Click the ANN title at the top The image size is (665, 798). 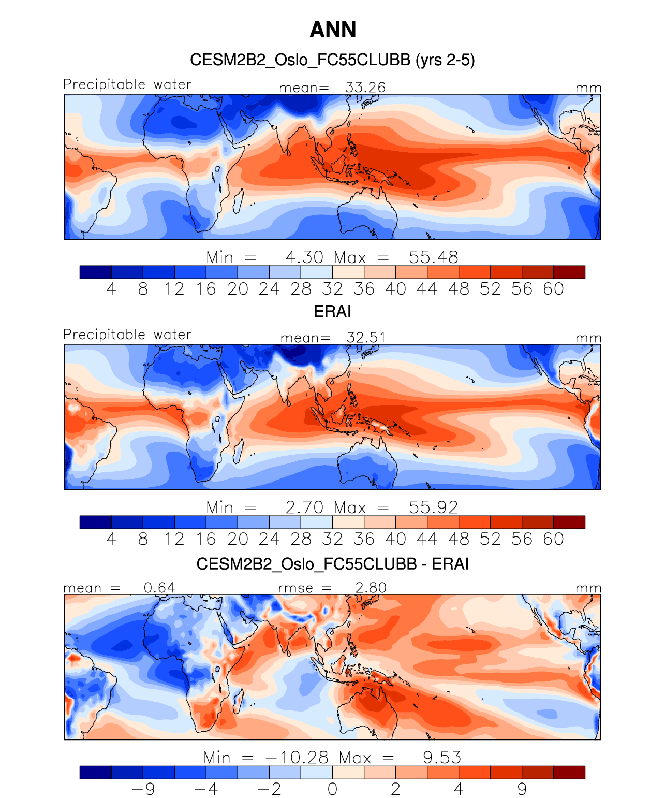(x=333, y=30)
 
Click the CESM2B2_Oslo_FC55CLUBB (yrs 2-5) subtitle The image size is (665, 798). (x=332, y=60)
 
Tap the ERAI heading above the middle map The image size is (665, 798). (x=332, y=311)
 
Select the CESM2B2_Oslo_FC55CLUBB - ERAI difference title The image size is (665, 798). (x=332, y=563)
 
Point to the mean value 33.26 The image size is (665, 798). (x=365, y=88)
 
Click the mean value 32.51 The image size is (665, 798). (x=366, y=338)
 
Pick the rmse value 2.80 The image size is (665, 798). (x=371, y=588)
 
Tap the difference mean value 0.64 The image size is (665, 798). (x=159, y=588)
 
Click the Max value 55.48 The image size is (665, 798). (x=433, y=257)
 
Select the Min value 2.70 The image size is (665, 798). (x=304, y=507)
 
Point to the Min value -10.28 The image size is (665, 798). (x=297, y=758)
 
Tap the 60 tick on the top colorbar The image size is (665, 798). (x=553, y=289)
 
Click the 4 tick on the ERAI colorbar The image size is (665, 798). (x=111, y=539)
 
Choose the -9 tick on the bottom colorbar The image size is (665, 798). (x=143, y=789)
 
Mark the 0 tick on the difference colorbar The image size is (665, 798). (x=332, y=789)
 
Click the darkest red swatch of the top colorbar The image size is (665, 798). (x=569, y=272)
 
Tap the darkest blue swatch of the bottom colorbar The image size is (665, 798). (x=96, y=773)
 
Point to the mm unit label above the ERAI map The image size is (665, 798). (x=588, y=338)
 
